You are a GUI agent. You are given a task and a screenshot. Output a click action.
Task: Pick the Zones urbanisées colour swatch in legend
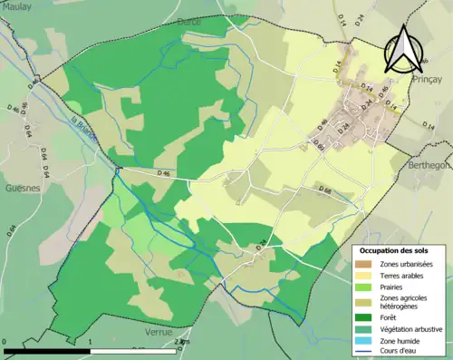[x=364, y=263]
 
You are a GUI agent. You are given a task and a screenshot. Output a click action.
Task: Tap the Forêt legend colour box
[x=364, y=316]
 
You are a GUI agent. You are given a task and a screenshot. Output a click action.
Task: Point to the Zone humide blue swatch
[x=364, y=340]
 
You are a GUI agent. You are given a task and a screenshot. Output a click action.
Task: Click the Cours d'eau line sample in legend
[x=364, y=352]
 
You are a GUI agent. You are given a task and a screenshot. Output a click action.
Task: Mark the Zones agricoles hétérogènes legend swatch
[x=364, y=301]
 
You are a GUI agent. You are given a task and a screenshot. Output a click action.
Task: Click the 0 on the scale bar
[x=5, y=342]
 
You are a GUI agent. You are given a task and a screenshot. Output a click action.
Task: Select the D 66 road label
[x=327, y=189]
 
